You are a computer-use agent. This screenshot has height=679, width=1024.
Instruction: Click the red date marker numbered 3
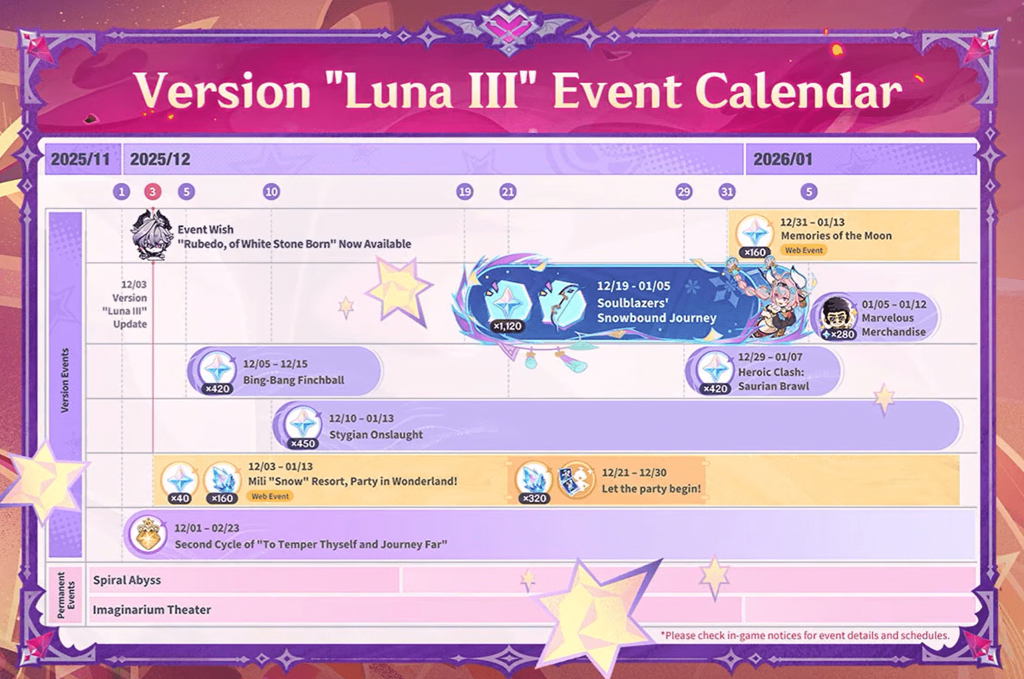152,192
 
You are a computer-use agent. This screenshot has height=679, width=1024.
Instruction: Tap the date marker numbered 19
464,192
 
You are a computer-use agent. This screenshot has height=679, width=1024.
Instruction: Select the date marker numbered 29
683,192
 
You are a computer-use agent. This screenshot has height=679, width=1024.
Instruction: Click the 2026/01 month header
782,160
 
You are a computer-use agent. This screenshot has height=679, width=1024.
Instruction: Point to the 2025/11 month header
80,160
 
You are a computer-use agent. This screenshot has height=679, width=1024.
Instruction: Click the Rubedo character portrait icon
151,234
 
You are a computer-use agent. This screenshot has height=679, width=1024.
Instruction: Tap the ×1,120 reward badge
507,326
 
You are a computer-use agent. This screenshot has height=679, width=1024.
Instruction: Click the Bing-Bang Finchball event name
293,380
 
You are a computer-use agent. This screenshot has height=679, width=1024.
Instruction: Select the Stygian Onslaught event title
376,435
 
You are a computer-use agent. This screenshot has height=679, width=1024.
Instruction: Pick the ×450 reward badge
303,443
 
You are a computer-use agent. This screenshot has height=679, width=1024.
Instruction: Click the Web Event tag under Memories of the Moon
804,250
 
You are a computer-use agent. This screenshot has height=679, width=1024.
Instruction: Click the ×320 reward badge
534,498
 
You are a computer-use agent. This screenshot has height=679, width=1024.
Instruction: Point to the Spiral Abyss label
127,580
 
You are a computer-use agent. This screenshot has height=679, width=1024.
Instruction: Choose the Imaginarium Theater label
152,610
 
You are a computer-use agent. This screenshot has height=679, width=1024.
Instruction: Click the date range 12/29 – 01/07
770,357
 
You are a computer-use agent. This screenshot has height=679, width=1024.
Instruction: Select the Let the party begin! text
651,489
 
